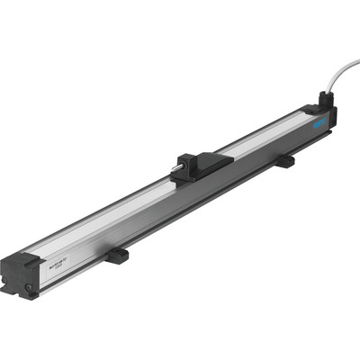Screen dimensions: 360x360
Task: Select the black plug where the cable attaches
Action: [x=324, y=105]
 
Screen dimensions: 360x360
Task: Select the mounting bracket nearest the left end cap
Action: [x=115, y=256]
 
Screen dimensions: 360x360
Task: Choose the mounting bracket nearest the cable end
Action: [x=284, y=162]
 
